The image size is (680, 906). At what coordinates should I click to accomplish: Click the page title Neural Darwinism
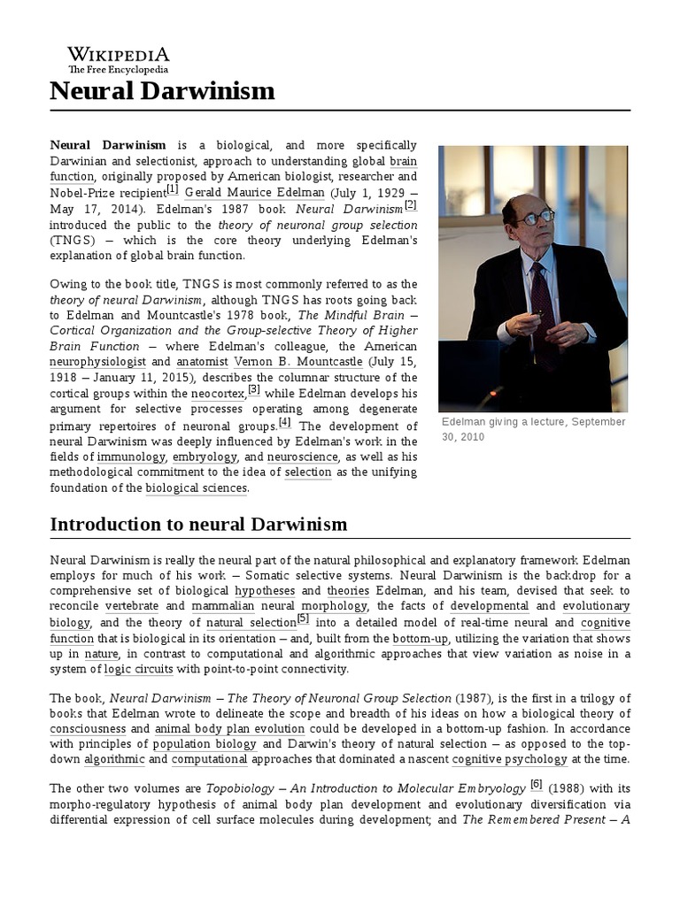click(x=162, y=90)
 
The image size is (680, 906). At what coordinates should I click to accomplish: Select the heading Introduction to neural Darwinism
click(x=198, y=525)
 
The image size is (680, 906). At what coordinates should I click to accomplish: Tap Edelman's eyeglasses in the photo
click(x=537, y=215)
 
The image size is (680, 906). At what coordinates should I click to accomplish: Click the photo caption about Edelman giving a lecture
click(x=533, y=429)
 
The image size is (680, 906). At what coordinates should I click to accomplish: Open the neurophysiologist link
click(x=98, y=362)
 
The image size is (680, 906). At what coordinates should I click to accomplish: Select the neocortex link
click(x=218, y=394)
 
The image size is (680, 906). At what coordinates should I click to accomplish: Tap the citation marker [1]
click(x=172, y=189)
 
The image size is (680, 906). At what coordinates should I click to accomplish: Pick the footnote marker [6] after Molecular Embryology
click(x=537, y=784)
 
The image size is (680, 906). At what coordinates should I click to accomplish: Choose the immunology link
click(x=131, y=457)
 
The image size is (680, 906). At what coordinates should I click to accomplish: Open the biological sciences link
click(x=197, y=488)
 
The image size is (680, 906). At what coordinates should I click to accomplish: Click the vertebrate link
click(x=132, y=606)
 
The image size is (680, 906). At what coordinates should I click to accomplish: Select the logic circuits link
click(x=138, y=669)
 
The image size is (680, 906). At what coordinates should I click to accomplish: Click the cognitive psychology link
click(x=509, y=759)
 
